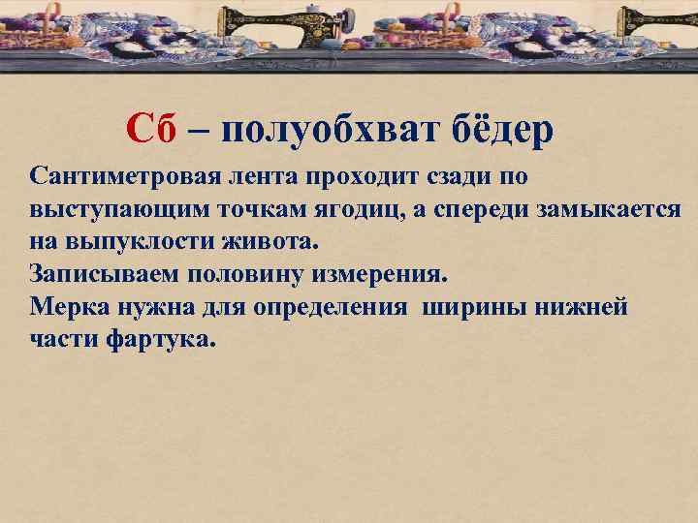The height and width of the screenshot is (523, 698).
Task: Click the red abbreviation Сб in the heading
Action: point(151,129)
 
